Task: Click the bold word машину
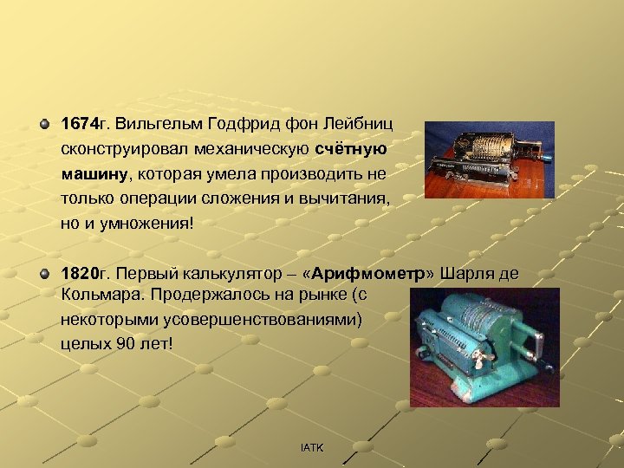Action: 94,173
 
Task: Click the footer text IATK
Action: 311,447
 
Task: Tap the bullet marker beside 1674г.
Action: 44,125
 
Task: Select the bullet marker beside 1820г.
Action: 44,275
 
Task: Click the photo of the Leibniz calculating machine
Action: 489,159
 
